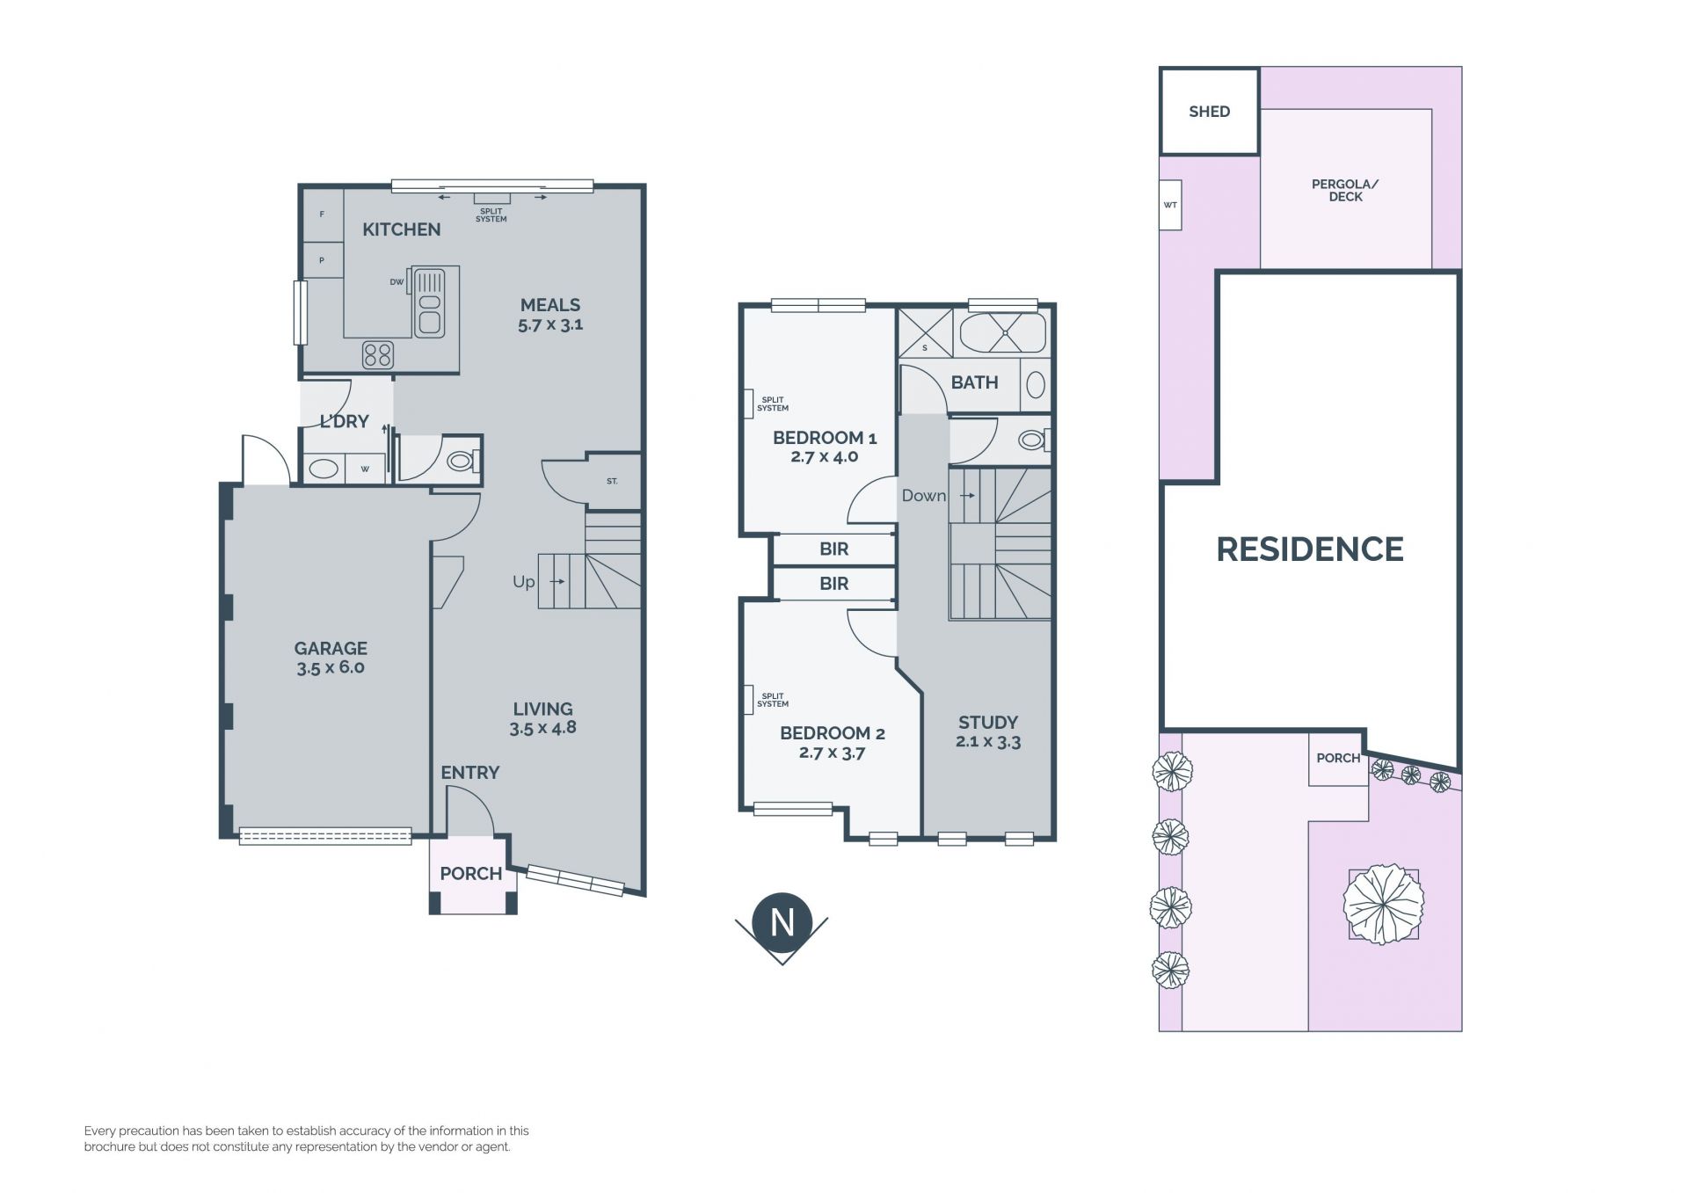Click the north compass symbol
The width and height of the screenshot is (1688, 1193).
782,927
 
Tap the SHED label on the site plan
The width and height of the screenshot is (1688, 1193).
1209,112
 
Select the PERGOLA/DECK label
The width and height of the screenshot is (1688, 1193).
1345,191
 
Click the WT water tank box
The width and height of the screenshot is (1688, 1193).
1170,205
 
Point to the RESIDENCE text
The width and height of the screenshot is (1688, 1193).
1310,549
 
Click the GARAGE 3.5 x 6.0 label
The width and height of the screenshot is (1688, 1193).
331,658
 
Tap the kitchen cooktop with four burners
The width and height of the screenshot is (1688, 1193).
378,355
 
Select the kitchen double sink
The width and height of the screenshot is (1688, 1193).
429,302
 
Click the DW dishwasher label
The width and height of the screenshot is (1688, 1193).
397,282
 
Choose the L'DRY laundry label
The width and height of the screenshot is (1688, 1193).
345,421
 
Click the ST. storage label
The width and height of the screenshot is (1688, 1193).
612,482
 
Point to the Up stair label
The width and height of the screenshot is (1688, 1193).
524,582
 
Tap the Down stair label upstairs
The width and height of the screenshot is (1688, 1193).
924,496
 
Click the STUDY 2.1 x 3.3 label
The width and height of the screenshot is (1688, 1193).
988,731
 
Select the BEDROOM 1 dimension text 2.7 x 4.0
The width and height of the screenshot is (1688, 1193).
825,456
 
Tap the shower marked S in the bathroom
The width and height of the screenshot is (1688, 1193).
925,332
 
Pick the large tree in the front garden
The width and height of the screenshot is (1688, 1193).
1383,904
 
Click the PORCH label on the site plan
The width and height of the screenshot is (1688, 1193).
1338,758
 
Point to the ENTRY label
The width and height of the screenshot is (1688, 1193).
470,773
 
